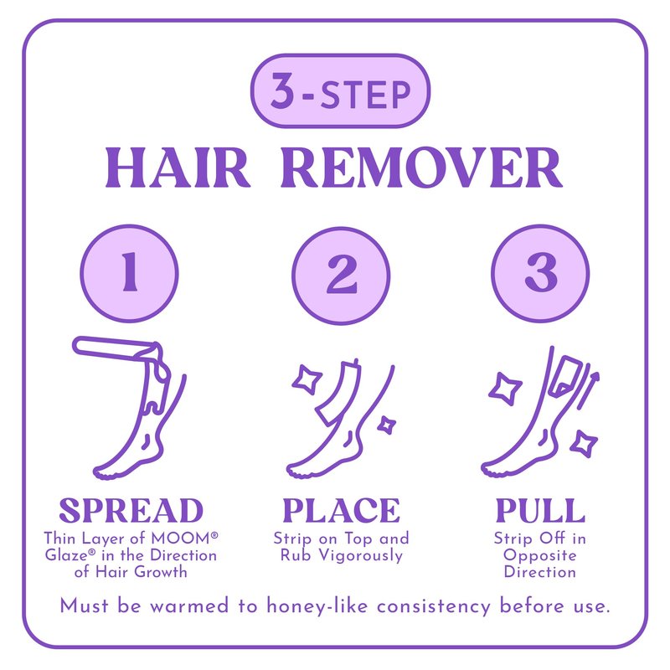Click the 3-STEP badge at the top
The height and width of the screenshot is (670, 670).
(340, 91)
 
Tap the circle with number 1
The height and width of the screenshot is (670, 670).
(130, 274)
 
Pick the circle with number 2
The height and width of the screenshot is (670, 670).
(341, 276)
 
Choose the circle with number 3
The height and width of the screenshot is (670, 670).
(540, 274)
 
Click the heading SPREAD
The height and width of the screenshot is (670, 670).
(131, 510)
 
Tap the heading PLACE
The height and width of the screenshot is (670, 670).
(342, 510)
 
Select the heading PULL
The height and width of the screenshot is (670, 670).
(540, 510)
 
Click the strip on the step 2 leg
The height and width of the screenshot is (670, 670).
(338, 393)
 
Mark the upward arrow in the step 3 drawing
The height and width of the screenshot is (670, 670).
(588, 390)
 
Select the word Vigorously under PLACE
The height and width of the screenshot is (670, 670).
(361, 556)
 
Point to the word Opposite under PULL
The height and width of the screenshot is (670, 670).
(540, 556)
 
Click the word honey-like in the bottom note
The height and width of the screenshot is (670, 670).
(317, 606)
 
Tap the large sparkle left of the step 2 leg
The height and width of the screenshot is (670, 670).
(307, 379)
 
